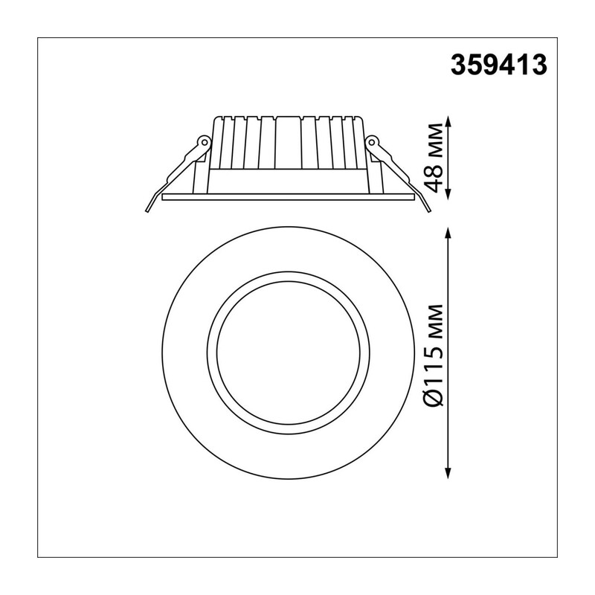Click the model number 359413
coord(498,65)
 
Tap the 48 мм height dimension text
coord(434,158)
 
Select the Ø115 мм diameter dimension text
coord(434,356)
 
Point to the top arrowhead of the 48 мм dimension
coord(449,122)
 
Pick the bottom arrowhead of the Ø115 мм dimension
coord(449,472)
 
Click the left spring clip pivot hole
coord(204,143)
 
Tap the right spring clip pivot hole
coord(372,143)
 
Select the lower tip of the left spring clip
coord(147,210)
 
